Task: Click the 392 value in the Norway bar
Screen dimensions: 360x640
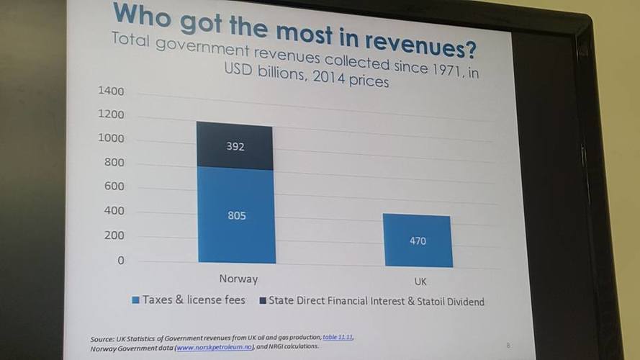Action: pyautogui.click(x=235, y=147)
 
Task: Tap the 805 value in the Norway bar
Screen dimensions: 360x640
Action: pyautogui.click(x=237, y=215)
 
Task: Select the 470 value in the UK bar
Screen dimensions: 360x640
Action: pyautogui.click(x=418, y=241)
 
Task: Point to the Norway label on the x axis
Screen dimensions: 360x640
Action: pyautogui.click(x=238, y=279)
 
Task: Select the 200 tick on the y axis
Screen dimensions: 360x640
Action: pyautogui.click(x=114, y=235)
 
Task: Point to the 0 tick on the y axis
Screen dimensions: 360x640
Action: pyautogui.click(x=121, y=261)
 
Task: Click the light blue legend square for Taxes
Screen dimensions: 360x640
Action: pyautogui.click(x=135, y=300)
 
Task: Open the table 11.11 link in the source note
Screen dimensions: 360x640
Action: pyautogui.click(x=338, y=337)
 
